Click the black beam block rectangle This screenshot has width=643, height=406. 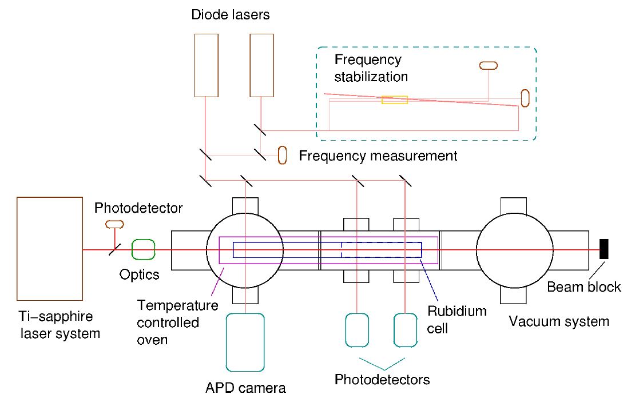tap(603, 249)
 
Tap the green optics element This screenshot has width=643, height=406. tap(144, 250)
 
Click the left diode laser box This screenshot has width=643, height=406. tap(206, 65)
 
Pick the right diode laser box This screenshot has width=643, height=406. tap(262, 65)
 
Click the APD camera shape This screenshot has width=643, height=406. tap(245, 342)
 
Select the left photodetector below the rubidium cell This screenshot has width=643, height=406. tap(357, 330)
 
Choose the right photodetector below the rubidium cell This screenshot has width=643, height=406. tap(405, 330)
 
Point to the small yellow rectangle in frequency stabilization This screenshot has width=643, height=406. tap(395, 100)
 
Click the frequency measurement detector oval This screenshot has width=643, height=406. tap(282, 155)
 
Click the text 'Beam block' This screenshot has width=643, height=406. tap(584, 286)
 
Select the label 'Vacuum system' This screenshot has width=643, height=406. tap(559, 321)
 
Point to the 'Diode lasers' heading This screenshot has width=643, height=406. tap(231, 15)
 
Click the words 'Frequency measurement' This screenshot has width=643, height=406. tap(378, 156)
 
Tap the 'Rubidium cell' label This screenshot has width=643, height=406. tap(457, 320)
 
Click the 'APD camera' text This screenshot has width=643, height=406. tap(245, 388)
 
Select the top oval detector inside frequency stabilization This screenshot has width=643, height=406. tap(488, 65)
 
